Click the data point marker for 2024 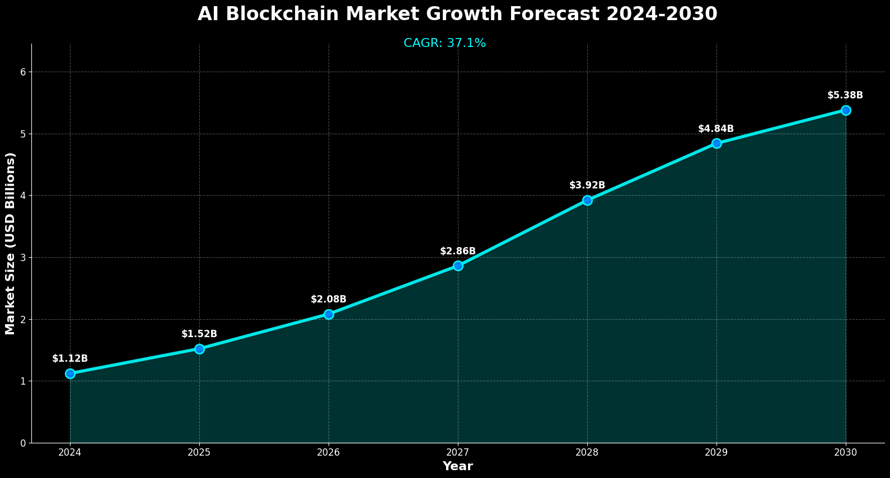[x=70, y=373]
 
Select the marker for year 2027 [x=458, y=266]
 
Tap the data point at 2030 [x=846, y=110]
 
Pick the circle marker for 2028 [x=587, y=200]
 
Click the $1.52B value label [x=199, y=334]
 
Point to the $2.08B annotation [x=329, y=300]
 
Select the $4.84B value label [x=716, y=129]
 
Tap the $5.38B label [x=845, y=96]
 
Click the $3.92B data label [x=587, y=186]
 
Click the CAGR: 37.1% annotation [x=444, y=43]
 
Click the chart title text [x=457, y=14]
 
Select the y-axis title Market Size [x=10, y=243]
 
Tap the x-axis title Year [x=457, y=466]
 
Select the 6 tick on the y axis [x=24, y=72]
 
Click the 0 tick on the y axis [x=24, y=443]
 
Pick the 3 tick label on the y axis [x=24, y=258]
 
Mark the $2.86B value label [x=458, y=252]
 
